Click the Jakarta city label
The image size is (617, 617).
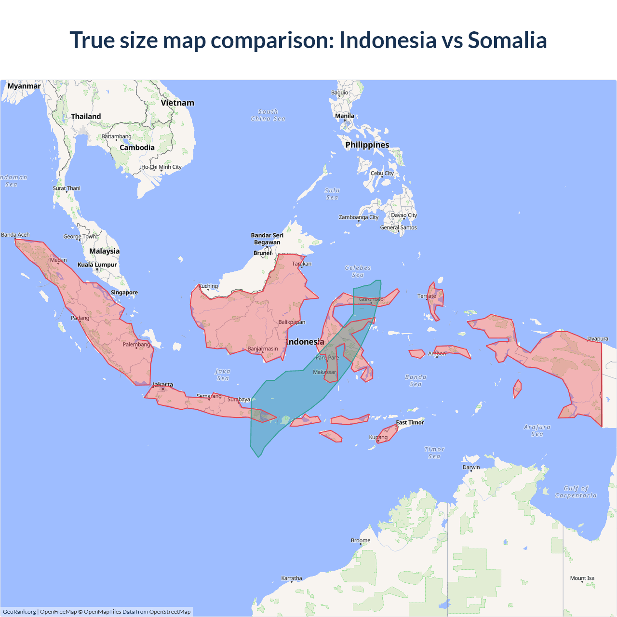162,385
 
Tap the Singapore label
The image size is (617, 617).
124,293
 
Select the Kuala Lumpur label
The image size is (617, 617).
97,265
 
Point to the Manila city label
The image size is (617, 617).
345,116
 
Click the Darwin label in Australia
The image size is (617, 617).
471,467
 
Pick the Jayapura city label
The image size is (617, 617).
597,339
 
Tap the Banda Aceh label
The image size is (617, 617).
15,235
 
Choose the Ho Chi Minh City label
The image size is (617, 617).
161,167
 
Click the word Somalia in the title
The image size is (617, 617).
507,40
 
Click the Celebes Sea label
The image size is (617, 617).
358,271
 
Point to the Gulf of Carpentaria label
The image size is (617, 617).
576,492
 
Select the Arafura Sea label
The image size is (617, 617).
537,430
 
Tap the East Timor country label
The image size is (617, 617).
410,423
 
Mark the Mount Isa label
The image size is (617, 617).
582,578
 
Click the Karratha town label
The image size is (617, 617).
292,578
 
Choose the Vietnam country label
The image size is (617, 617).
177,103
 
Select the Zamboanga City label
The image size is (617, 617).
359,217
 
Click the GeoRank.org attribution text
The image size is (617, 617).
19,612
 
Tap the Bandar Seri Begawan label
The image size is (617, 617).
267,239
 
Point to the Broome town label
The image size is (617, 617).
361,540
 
